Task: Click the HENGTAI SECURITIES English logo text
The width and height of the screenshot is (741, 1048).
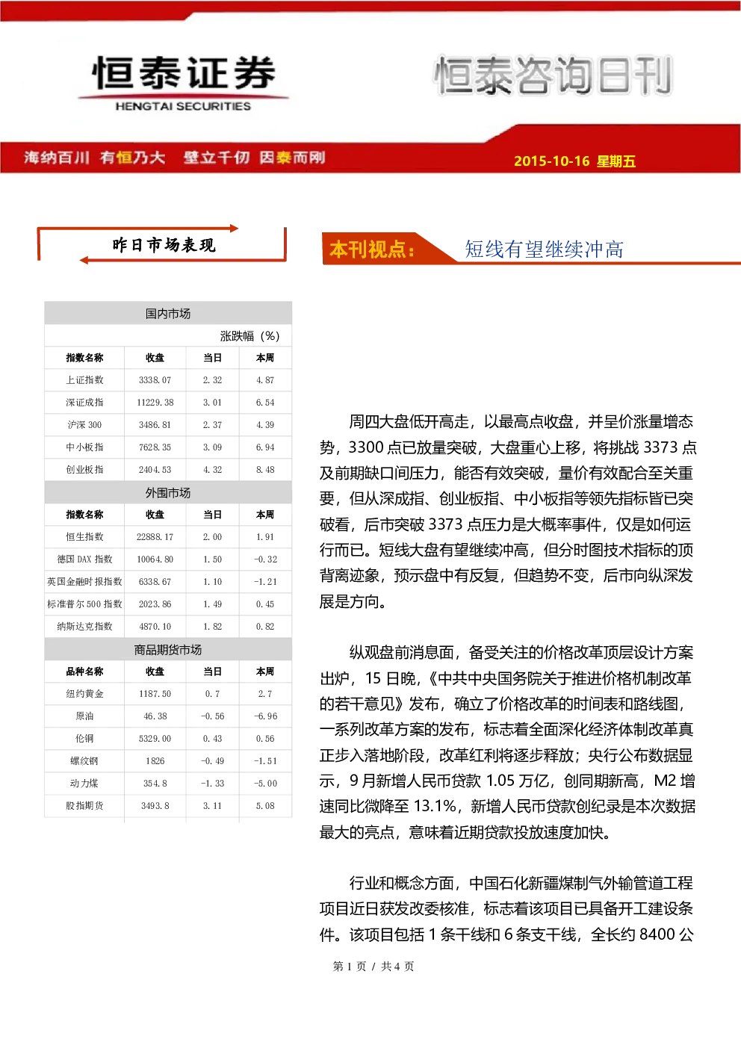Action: (x=183, y=106)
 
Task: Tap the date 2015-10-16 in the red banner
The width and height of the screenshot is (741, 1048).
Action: (x=551, y=161)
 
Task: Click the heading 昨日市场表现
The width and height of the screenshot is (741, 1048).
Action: (x=164, y=245)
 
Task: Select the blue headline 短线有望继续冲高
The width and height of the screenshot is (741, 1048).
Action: (x=544, y=249)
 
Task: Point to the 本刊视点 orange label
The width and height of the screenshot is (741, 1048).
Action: (x=372, y=249)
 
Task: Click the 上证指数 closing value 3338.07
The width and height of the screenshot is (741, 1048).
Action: (x=155, y=380)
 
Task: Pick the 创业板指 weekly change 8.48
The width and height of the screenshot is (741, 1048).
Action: (x=265, y=469)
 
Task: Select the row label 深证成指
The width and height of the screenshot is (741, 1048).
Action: (x=84, y=403)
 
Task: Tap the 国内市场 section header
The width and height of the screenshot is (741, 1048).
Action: (x=168, y=314)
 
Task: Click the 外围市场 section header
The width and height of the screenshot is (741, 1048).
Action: (x=168, y=493)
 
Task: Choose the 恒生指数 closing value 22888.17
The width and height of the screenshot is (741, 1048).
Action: (x=155, y=536)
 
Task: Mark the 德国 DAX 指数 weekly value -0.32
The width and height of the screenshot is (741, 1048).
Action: (x=265, y=559)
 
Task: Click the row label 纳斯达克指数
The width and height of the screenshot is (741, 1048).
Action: (x=84, y=627)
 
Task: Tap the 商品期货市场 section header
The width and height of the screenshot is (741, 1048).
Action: (x=168, y=650)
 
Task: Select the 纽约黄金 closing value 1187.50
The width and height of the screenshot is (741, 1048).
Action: (x=155, y=693)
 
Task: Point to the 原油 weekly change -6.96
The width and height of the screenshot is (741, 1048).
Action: (x=265, y=716)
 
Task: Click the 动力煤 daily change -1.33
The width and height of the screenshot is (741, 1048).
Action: (x=212, y=783)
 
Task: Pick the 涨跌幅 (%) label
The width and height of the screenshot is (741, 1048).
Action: (x=249, y=336)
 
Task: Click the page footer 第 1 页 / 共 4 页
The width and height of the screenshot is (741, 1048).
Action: (x=373, y=966)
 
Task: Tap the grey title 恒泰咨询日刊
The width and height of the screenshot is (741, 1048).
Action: (x=554, y=75)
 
